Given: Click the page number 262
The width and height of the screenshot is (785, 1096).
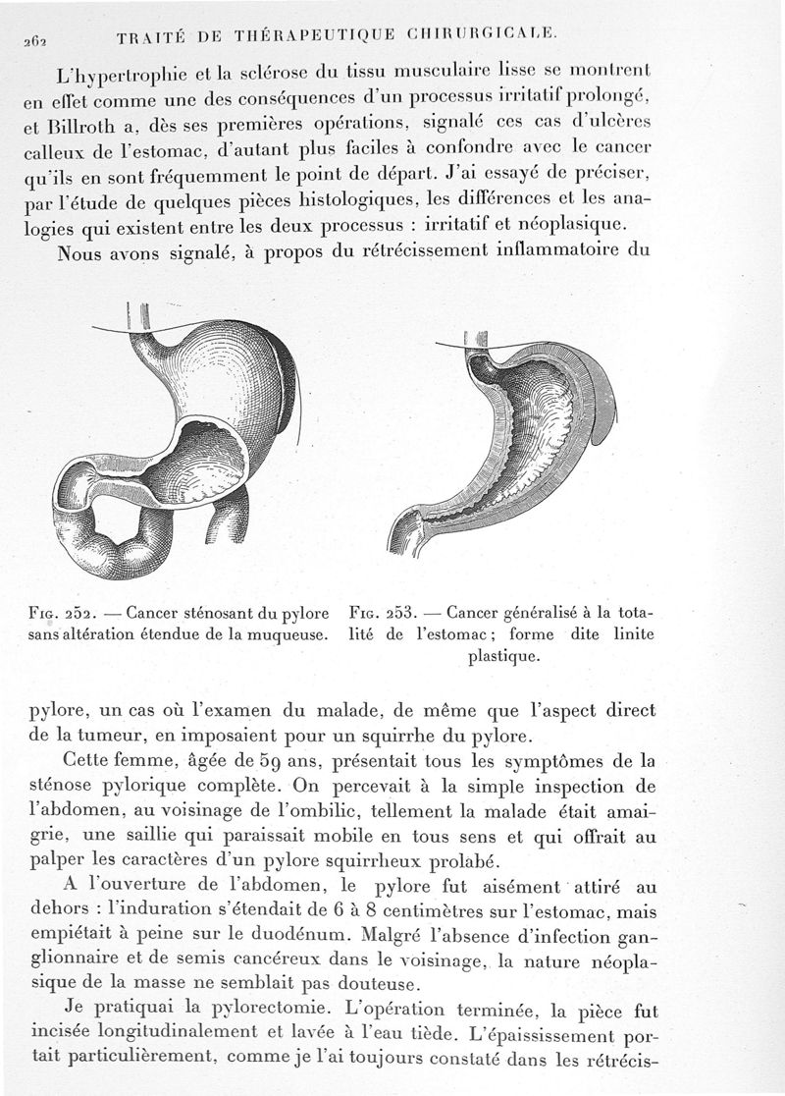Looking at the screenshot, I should (20, 40).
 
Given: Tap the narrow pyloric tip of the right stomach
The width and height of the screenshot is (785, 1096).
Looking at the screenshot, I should (404, 536).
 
